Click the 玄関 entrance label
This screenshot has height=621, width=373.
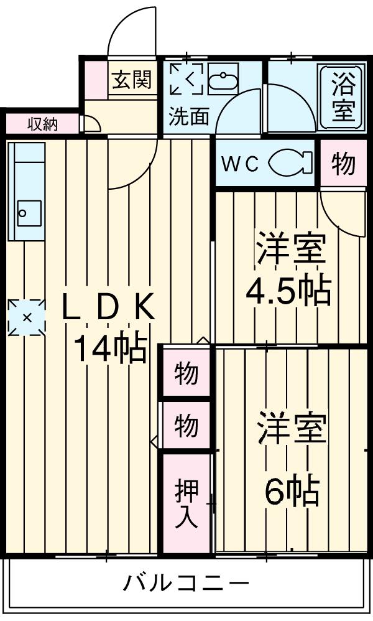click(132, 80)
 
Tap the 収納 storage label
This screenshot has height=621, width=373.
click(42, 124)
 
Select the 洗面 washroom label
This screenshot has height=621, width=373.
click(188, 116)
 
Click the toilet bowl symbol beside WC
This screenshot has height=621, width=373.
click(290, 163)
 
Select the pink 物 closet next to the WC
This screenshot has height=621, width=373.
click(343, 164)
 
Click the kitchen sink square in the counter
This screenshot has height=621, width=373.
click(29, 213)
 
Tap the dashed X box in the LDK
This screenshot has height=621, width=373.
click(27, 317)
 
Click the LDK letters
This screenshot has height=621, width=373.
click(108, 308)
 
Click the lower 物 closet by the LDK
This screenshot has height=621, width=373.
click(186, 426)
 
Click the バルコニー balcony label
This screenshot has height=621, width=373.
click(185, 584)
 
